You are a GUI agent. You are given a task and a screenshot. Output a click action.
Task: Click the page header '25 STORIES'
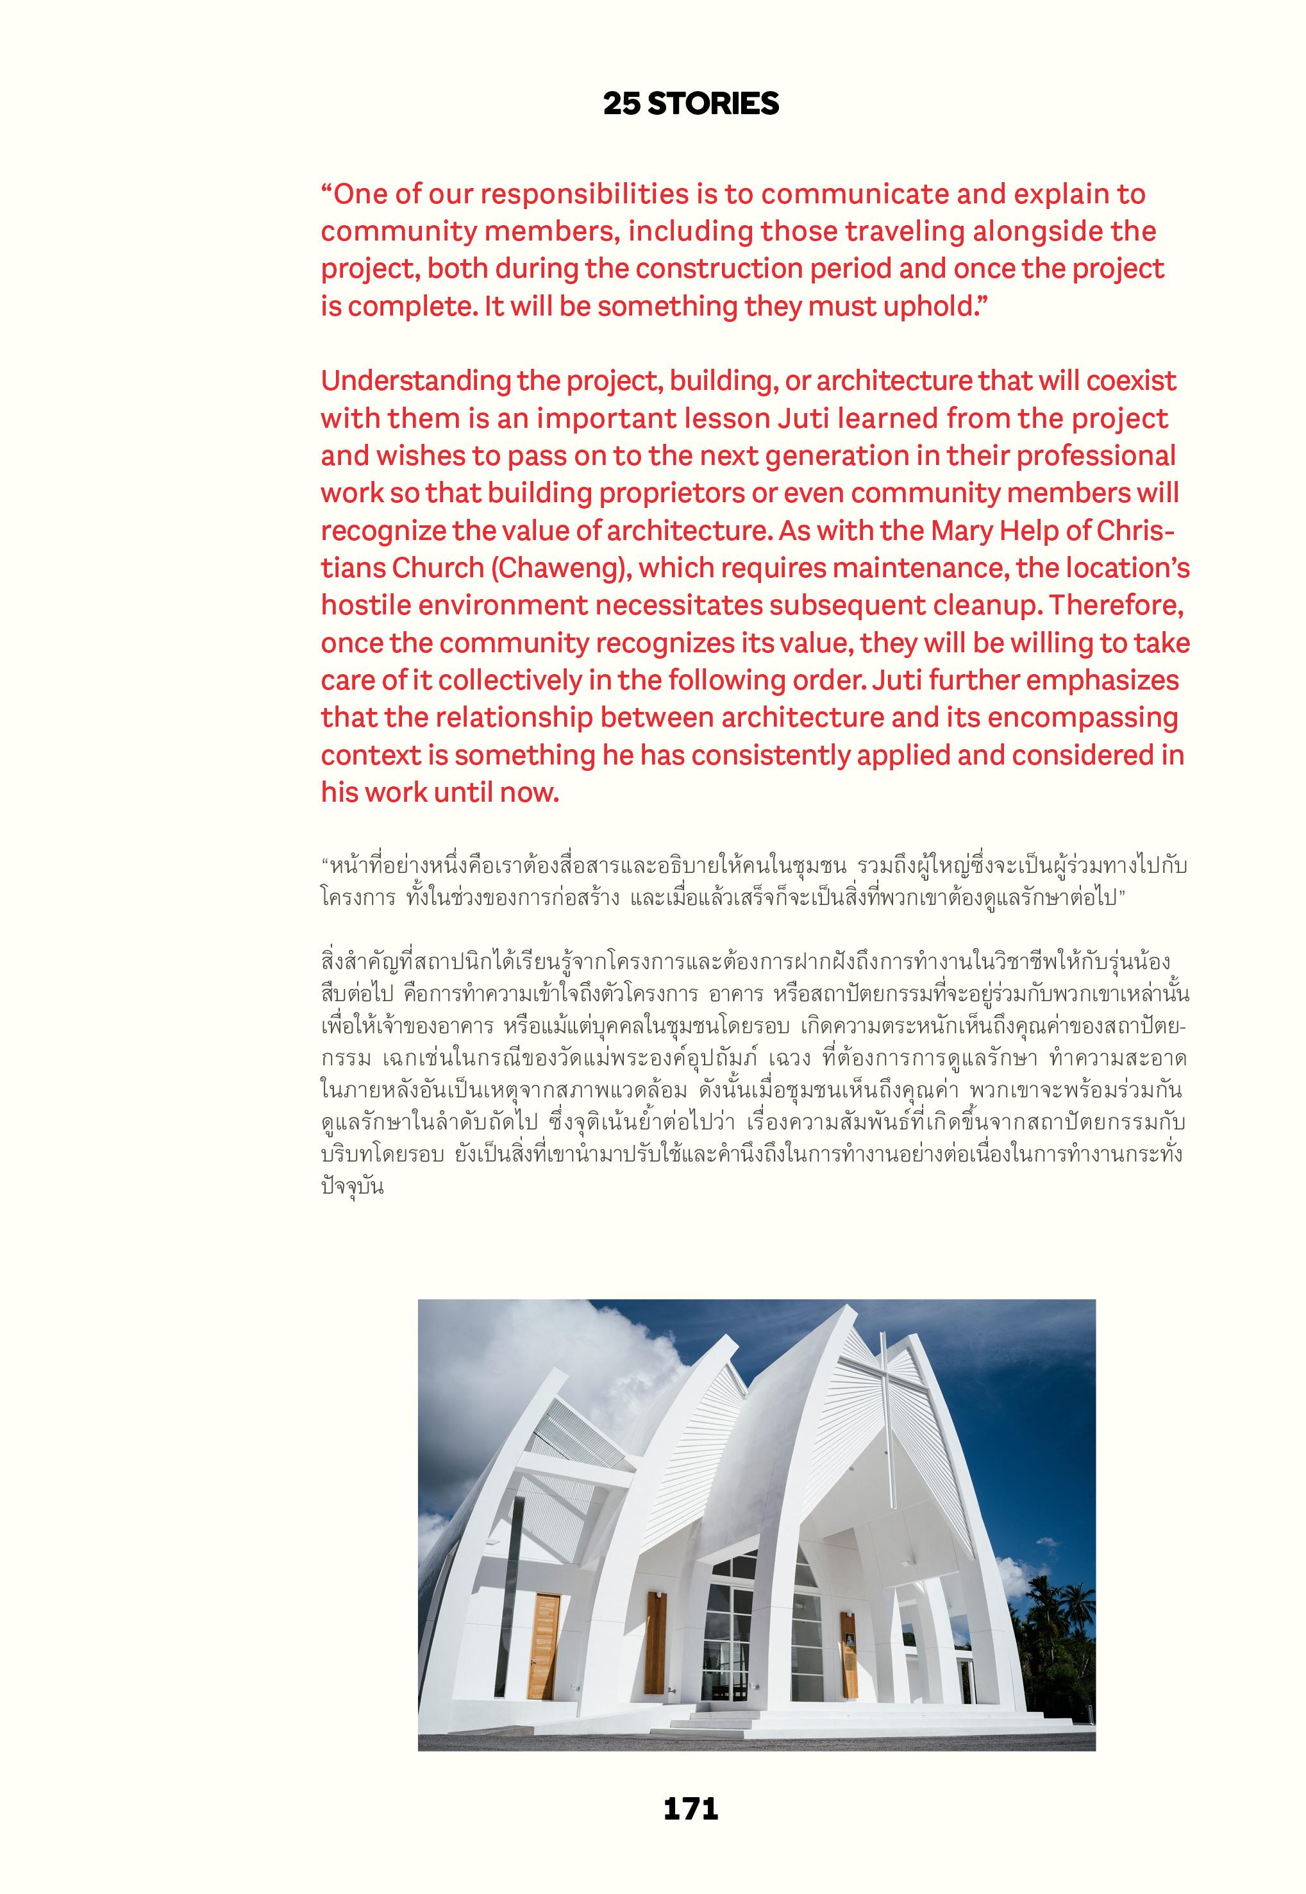pos(691,103)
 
